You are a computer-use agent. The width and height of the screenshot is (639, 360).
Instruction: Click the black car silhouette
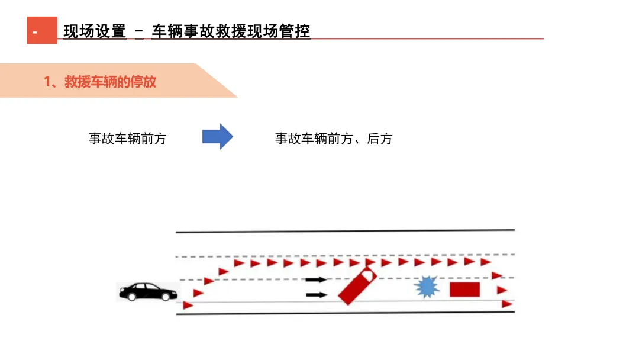coord(149,291)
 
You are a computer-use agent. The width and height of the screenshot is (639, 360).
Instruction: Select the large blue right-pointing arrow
coord(218,137)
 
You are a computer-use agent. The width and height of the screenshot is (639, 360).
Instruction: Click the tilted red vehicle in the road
coord(357,286)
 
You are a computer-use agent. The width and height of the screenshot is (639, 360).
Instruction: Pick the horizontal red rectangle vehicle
coord(464,290)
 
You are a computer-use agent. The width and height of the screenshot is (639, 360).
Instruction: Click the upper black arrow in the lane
coord(317,279)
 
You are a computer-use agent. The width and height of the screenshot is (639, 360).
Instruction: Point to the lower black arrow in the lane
coord(317,294)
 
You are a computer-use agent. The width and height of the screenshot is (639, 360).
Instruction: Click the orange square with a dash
coord(42,30)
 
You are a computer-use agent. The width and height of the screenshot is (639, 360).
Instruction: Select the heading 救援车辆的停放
coord(110,82)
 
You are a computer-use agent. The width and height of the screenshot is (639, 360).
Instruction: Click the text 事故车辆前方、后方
coord(334,139)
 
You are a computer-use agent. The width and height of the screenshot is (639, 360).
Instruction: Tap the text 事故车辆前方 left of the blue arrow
coord(128,139)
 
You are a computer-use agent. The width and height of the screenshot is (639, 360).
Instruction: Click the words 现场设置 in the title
coord(95,31)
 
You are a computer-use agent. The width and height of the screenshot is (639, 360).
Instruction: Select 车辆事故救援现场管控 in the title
coord(231,31)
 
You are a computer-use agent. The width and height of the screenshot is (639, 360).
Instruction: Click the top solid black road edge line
coord(345,231)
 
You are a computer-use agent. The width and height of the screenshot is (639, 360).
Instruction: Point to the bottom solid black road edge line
coord(345,313)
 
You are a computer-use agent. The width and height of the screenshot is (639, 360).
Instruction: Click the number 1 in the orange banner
coord(47,82)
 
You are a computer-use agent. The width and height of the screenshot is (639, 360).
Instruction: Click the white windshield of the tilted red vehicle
coord(369,274)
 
